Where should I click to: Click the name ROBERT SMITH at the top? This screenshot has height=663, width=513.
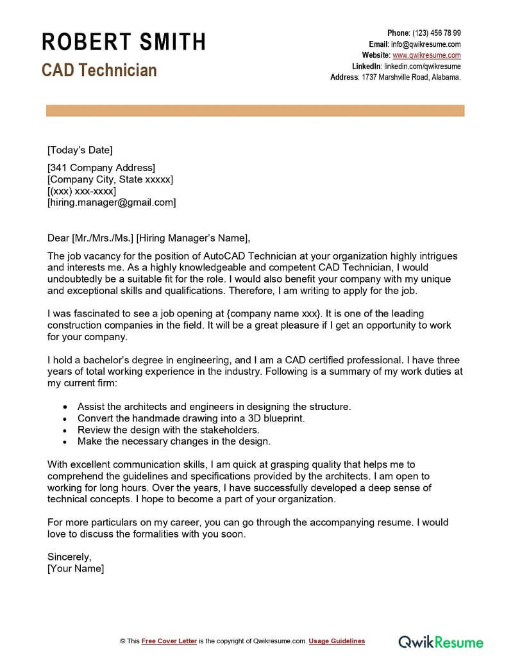point(124,42)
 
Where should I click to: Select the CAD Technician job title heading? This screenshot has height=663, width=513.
point(99,70)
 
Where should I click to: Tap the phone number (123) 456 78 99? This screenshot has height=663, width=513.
point(436,33)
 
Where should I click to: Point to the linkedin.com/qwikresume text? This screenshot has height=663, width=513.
point(422,66)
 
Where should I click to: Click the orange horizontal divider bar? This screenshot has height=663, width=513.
point(255,111)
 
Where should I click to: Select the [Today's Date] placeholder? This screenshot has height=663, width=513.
point(80,151)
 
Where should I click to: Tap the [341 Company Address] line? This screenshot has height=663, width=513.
point(101,168)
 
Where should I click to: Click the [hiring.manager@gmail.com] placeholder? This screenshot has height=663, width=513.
point(112,202)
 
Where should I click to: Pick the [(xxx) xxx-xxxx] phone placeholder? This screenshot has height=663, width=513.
point(81,191)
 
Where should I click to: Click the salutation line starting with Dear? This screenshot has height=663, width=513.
point(147,237)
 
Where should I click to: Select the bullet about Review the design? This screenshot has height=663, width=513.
point(168,430)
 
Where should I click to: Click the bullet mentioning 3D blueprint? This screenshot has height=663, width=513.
point(190,418)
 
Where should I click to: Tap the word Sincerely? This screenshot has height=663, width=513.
point(69,556)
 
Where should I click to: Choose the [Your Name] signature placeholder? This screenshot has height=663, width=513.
point(76,568)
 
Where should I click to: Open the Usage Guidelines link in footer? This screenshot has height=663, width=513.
point(337,641)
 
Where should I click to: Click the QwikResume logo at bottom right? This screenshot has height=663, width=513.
point(441,641)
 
